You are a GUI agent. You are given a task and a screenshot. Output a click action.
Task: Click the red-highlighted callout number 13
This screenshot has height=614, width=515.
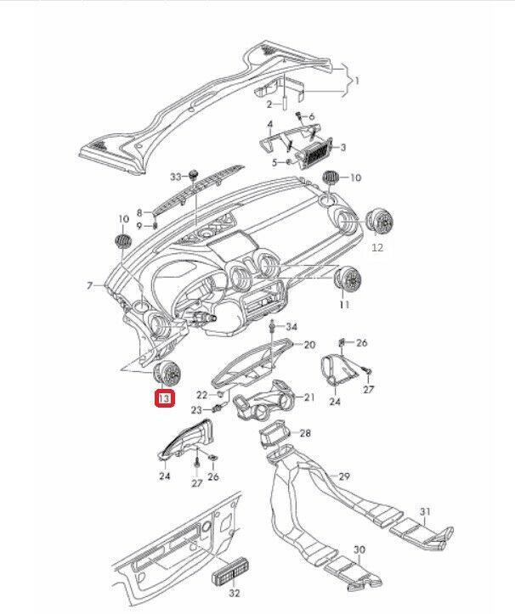click(163, 397)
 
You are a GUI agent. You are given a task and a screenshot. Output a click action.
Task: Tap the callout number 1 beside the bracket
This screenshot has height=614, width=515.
click(358, 81)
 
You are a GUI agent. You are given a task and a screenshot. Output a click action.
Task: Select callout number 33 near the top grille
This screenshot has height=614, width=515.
click(176, 177)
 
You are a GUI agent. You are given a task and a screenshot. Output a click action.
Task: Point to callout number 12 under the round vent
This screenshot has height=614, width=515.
click(378, 248)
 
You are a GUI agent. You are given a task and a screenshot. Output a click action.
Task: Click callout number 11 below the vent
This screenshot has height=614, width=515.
click(344, 304)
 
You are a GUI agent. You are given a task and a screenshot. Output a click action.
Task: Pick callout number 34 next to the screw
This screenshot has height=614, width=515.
click(291, 327)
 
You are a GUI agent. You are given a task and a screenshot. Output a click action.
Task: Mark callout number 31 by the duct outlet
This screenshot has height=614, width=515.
click(427, 512)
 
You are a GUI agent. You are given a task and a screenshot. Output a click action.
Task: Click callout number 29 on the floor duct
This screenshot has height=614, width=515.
click(345, 476)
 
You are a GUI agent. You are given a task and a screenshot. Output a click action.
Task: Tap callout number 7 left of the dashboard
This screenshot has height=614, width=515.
click(90, 285)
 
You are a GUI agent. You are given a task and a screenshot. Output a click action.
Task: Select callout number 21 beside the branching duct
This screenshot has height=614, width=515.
click(309, 397)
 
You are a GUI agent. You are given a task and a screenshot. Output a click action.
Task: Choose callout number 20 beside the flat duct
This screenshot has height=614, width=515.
click(309, 345)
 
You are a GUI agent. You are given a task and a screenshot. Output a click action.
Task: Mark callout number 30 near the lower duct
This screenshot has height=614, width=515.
click(359, 550)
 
